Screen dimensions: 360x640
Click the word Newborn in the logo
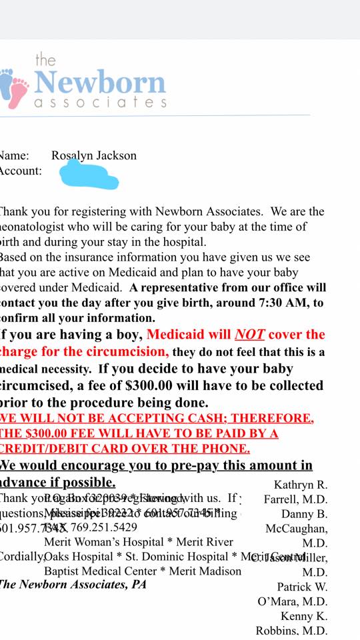point(100,83)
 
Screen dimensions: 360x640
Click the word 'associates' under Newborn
point(100,103)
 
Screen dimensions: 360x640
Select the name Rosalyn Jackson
point(94,156)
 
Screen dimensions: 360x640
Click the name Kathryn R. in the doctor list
point(301,485)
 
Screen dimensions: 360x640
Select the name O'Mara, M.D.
point(292,602)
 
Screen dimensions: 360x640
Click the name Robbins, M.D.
point(291,631)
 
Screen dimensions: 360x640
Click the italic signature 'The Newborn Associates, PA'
point(72,585)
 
